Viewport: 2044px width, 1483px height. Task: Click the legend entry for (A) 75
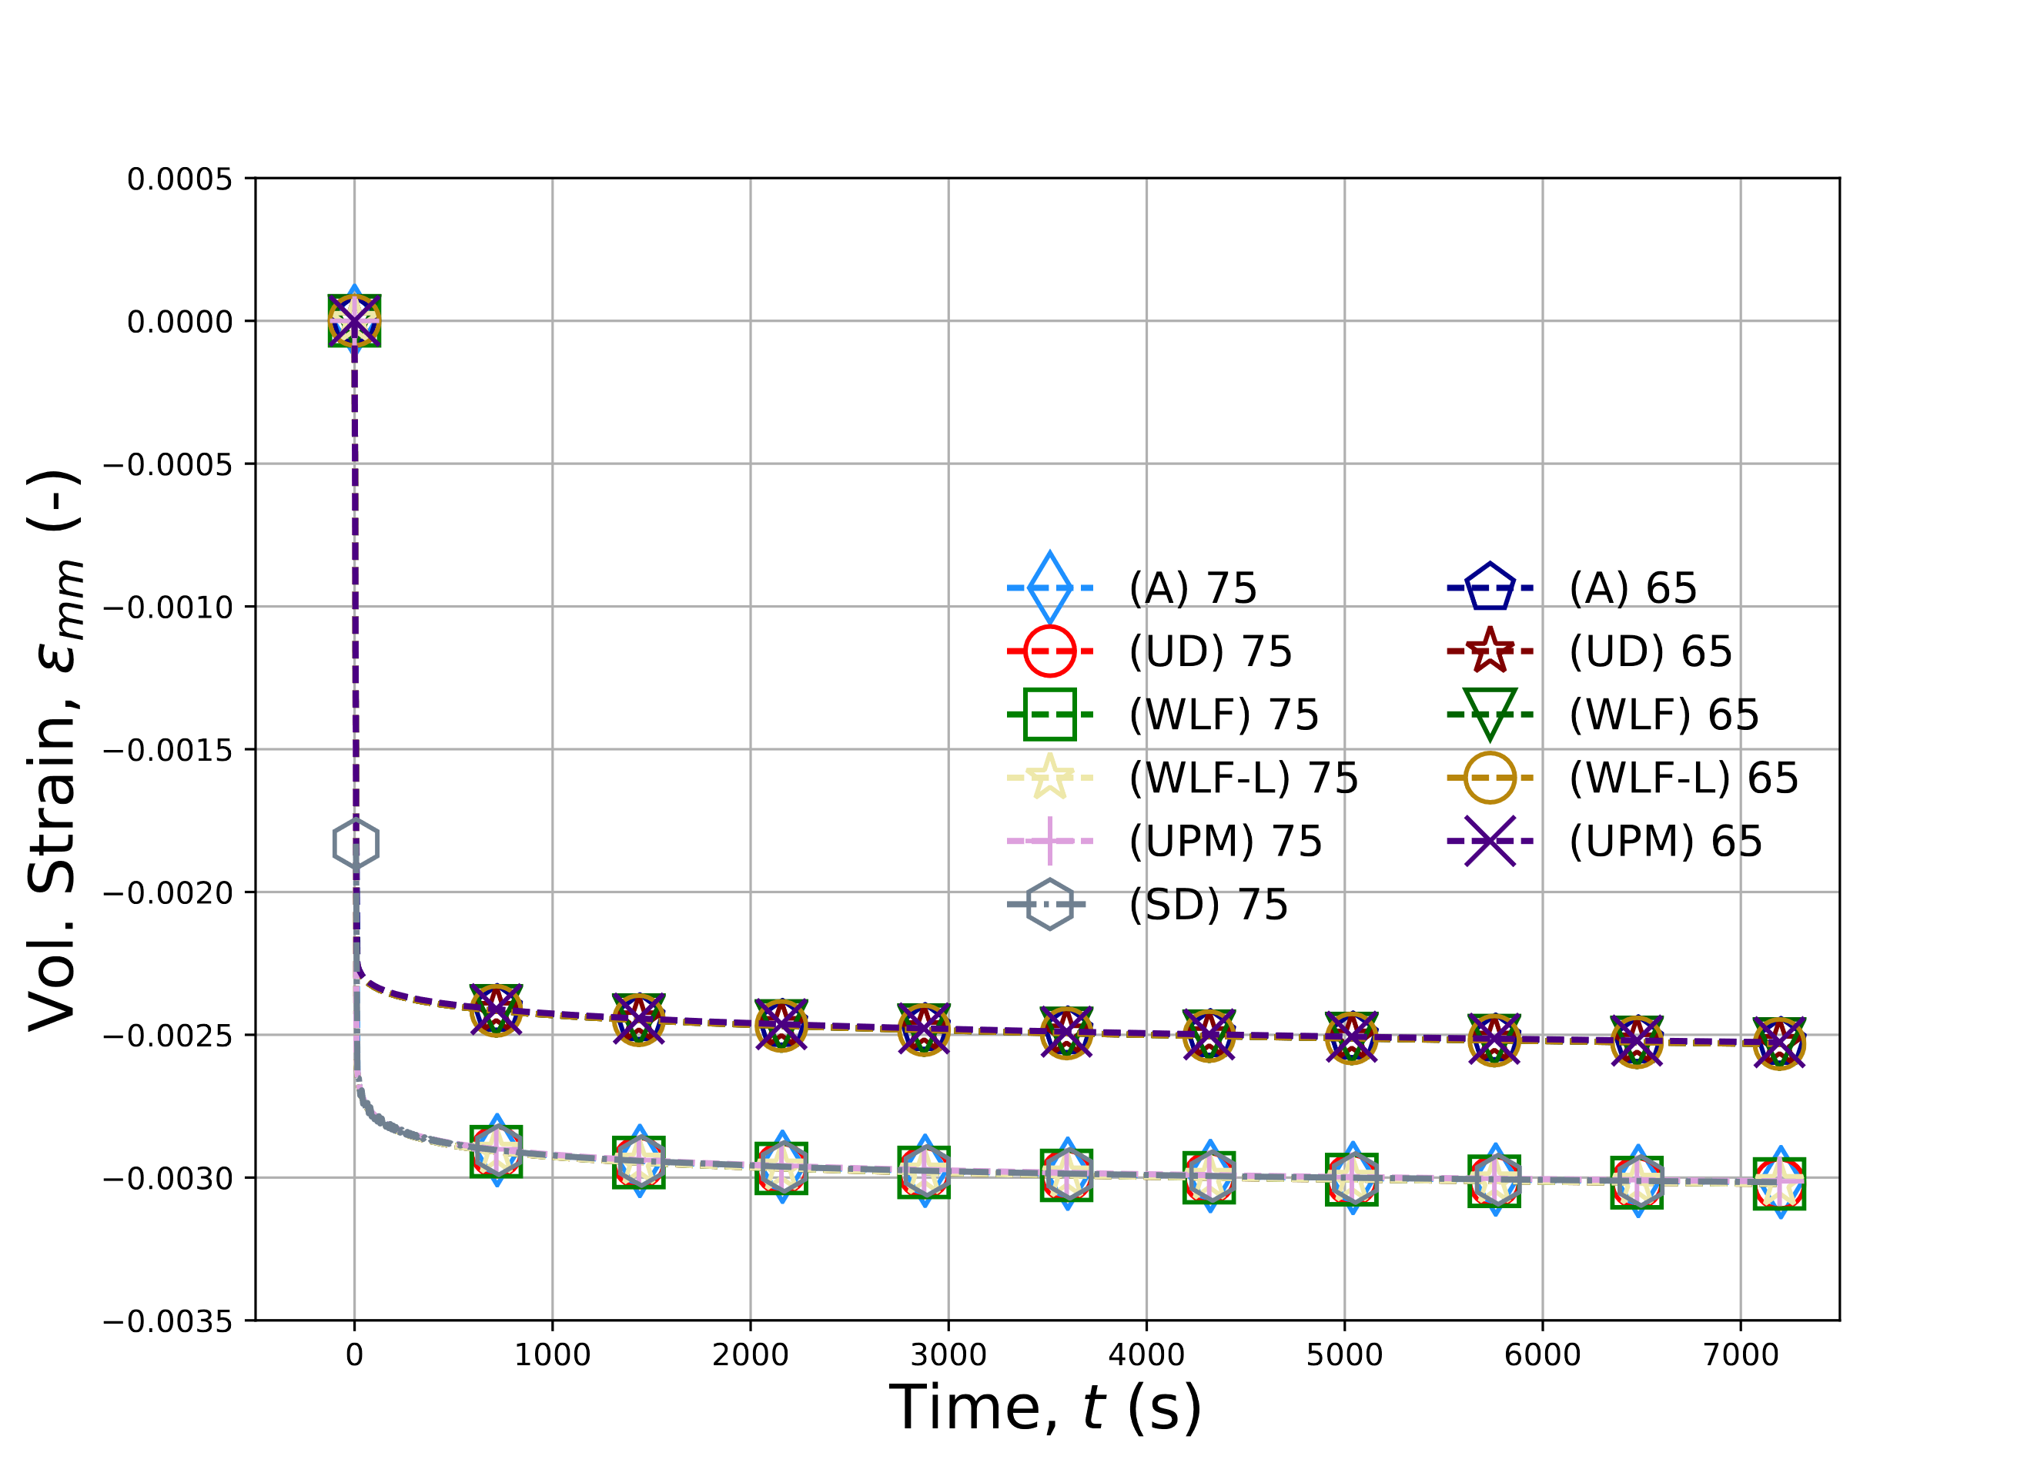1193,589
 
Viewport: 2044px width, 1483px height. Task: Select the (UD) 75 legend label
1209,652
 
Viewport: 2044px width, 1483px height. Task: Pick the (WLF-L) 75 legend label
1243,778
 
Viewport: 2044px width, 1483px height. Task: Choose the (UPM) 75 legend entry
1225,841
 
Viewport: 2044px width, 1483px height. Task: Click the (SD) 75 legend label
1208,904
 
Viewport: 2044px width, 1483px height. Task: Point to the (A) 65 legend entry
1632,589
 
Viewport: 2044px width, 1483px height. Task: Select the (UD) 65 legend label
1649,652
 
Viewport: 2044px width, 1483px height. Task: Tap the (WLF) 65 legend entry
1663,715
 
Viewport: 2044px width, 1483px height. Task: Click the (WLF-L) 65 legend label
1683,778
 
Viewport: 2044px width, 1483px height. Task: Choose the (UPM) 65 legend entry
1664,841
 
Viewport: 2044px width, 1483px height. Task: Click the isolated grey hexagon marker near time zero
356,844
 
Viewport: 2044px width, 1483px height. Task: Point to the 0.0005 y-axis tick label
179,179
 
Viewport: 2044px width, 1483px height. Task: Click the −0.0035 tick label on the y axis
168,1321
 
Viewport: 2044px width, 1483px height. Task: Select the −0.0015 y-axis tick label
168,750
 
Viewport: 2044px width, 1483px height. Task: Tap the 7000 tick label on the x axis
1740,1355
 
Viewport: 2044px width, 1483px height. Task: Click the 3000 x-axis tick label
948,1355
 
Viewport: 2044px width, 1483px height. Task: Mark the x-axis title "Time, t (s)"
1045,1408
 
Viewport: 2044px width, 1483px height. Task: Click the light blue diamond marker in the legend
1050,588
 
